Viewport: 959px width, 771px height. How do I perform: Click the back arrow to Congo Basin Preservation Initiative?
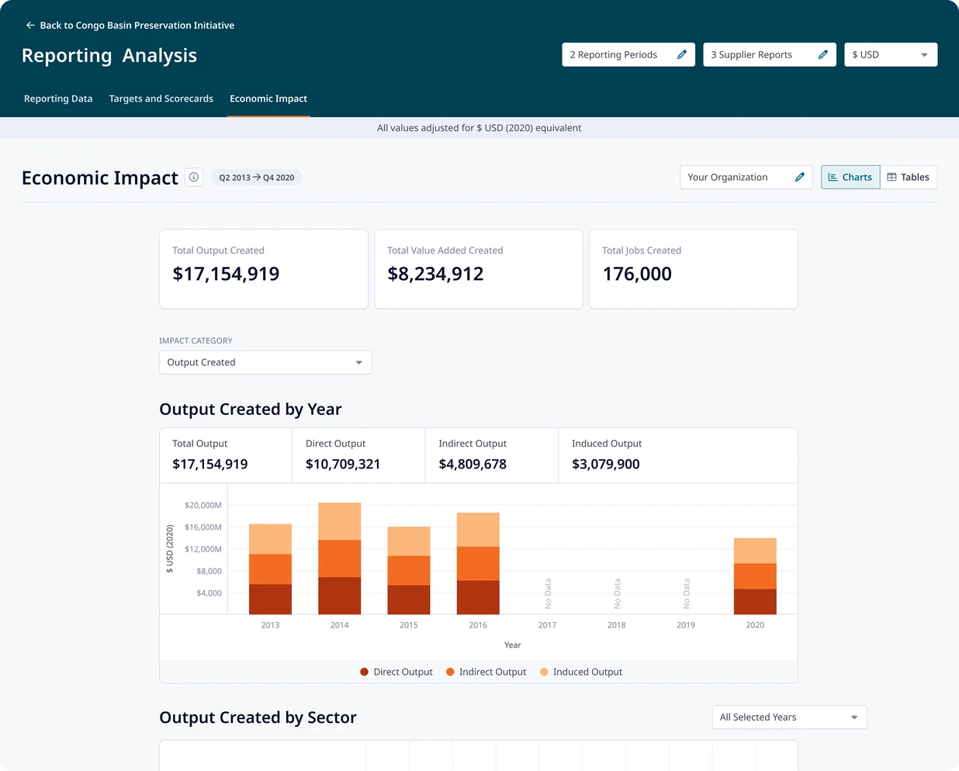(x=30, y=26)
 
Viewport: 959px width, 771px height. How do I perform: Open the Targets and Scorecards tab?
(x=161, y=99)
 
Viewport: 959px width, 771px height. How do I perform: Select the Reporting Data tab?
(x=58, y=99)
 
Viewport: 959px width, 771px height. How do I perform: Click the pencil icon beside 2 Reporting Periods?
(x=681, y=54)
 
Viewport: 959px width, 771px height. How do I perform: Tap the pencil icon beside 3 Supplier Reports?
(x=822, y=54)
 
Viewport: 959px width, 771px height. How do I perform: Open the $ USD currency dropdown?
(x=891, y=54)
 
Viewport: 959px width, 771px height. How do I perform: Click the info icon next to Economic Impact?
(x=194, y=177)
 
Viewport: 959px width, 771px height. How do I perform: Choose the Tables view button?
(x=909, y=177)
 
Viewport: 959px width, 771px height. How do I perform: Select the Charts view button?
(x=850, y=177)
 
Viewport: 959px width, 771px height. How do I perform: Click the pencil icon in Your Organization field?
(x=799, y=177)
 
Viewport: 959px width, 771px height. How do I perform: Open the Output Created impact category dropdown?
(x=265, y=362)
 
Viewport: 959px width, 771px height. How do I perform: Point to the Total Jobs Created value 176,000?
(x=637, y=274)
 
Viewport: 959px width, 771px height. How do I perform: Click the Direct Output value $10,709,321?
(x=343, y=464)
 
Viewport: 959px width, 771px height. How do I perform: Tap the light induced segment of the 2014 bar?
(x=340, y=521)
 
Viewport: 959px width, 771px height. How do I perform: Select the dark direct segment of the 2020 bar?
(x=755, y=602)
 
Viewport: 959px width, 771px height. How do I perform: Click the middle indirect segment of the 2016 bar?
(x=478, y=563)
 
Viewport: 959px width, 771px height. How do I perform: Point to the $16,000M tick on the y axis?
(x=203, y=527)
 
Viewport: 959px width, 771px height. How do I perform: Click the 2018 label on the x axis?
(x=616, y=625)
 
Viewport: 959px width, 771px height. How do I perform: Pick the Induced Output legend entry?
(x=580, y=672)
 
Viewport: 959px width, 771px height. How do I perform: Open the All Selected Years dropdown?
(x=789, y=717)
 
